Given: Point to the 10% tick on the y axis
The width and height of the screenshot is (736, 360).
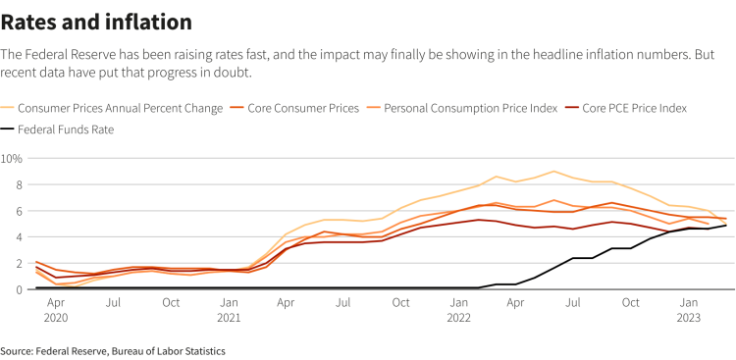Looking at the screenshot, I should click(13, 158).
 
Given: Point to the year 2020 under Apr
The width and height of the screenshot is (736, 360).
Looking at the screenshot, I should click(55, 319).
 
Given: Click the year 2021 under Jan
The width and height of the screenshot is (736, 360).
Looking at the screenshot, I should click(228, 319).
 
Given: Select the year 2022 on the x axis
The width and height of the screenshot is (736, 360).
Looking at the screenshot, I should click(458, 319).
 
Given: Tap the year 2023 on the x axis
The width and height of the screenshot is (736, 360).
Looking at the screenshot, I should click(689, 319).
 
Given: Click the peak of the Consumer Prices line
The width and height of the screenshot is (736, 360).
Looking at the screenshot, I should click(554, 172).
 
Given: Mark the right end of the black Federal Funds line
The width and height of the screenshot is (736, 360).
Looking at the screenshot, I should click(726, 225).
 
